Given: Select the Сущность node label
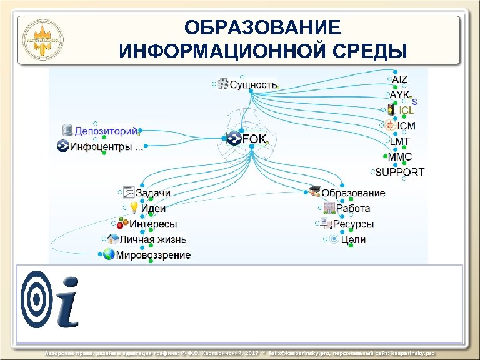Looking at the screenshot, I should click(x=253, y=83).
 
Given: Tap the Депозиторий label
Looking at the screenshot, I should click(x=106, y=131).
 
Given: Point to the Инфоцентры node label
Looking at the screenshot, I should click(x=106, y=147).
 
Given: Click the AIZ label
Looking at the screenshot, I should click(x=400, y=79).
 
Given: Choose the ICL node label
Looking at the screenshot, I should click(x=407, y=111).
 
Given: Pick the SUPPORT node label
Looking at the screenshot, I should click(x=400, y=172).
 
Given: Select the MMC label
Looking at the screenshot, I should click(x=400, y=156).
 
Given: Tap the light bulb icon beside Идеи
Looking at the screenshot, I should click(x=133, y=208).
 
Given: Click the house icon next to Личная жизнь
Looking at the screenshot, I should click(x=112, y=239).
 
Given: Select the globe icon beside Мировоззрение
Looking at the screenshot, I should click(x=108, y=254).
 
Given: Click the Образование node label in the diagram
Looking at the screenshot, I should click(x=354, y=193).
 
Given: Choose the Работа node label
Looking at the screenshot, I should click(x=353, y=208).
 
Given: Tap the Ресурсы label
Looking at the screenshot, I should click(x=353, y=224).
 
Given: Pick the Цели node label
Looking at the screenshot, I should click(x=354, y=239).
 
